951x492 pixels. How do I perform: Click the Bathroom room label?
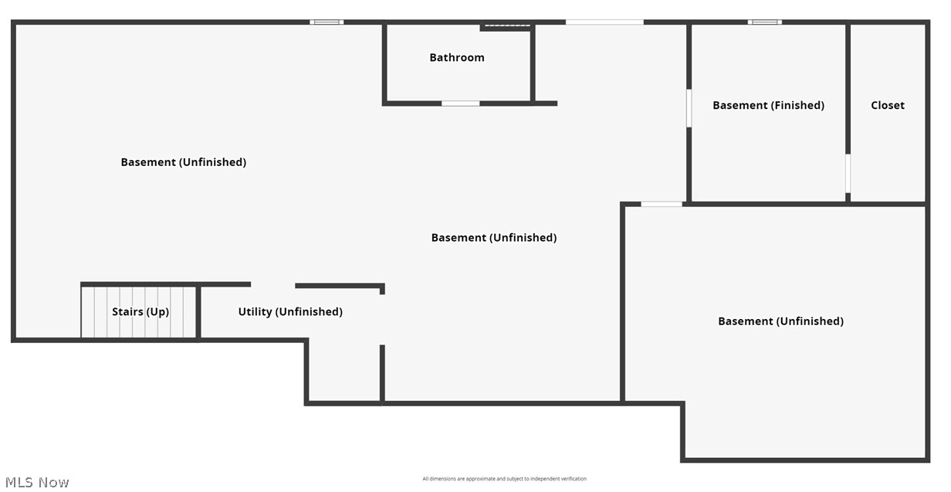457,57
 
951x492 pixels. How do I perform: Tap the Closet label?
888,105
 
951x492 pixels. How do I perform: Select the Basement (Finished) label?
768,105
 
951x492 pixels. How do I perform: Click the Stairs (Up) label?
140,312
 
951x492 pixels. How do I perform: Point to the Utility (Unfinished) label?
290,312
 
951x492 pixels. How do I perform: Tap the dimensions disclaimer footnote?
504,479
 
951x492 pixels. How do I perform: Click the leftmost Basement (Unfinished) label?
184,162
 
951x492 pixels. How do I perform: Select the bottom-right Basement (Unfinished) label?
780,321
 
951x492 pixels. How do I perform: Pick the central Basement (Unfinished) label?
494,238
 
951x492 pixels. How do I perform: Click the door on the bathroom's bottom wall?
460,103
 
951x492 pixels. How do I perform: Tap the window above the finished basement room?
764,22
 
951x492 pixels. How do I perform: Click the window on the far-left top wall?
327,22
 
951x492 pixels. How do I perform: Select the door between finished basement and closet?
848,173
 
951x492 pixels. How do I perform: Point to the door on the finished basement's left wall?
689,108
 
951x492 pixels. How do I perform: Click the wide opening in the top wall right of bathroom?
604,22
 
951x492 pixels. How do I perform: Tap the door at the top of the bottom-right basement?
662,204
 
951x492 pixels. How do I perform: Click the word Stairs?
127,312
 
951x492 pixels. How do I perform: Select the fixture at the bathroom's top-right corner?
507,27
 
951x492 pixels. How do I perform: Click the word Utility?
255,312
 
